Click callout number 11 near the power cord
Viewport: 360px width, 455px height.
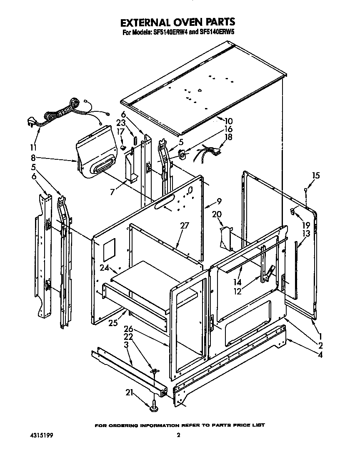34,147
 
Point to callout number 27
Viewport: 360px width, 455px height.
185,226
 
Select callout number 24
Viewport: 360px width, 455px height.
104,268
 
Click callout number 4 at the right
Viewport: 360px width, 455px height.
320,355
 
